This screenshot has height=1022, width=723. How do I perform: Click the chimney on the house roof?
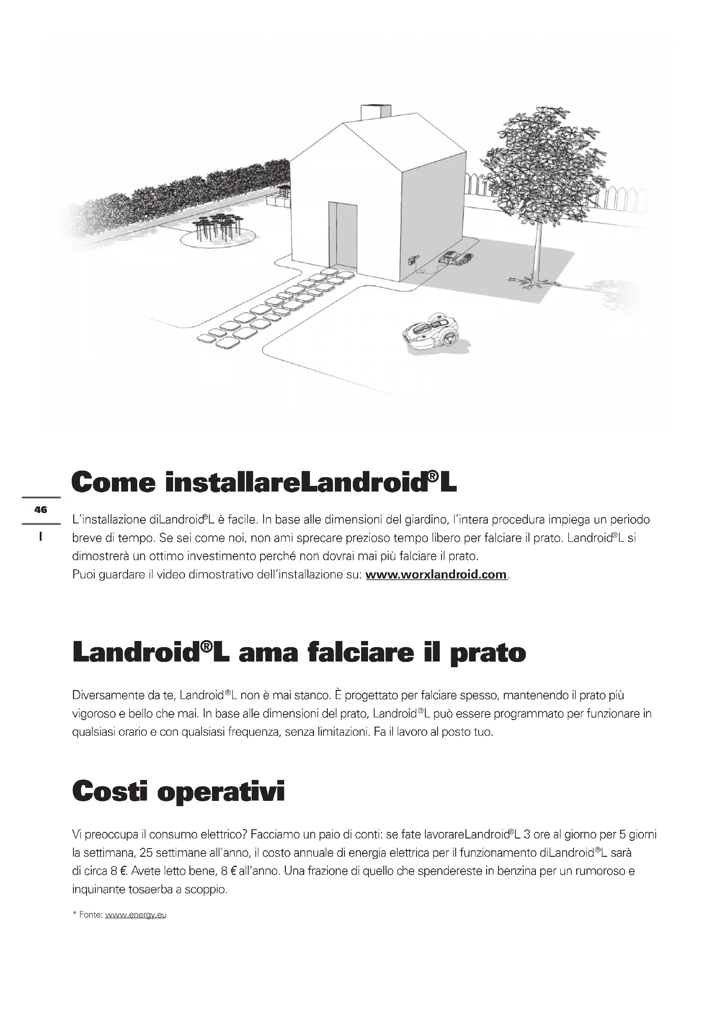click(x=375, y=112)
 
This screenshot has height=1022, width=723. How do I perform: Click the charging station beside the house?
click(x=455, y=258)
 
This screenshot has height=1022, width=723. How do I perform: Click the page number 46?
click(x=41, y=509)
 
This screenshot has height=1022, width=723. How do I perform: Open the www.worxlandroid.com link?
click(x=436, y=575)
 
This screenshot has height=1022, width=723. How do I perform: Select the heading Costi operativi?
click(x=178, y=791)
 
